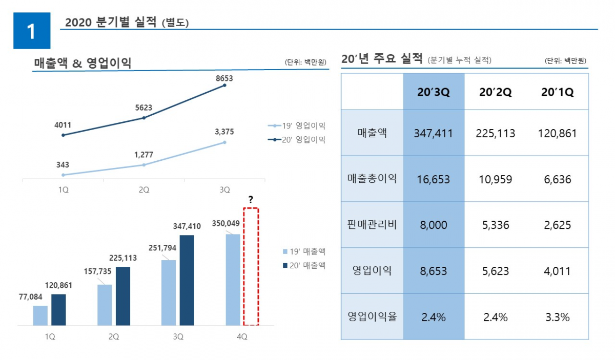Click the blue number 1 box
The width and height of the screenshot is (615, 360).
pos(32,31)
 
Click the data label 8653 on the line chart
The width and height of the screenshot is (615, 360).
pos(225,78)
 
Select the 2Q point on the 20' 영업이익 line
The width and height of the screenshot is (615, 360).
pos(144,118)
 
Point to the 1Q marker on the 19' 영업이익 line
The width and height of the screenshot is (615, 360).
pos(63,175)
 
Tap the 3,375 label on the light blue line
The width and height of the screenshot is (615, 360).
pos(224,132)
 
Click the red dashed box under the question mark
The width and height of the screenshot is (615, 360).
pos(251,266)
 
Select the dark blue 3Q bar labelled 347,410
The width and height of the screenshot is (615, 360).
pos(187,280)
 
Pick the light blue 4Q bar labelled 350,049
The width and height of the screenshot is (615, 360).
pos(233,280)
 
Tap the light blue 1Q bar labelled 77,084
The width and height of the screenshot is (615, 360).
pos(40,315)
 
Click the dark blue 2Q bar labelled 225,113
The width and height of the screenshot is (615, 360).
pos(123,296)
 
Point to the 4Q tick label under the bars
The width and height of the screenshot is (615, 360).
pos(241,337)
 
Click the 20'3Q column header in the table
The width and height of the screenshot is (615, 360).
pos(434,92)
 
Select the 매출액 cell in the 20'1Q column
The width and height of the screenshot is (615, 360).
pos(558,134)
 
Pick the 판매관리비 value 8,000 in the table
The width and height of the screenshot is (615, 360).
pos(434,225)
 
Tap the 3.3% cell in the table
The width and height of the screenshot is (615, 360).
pos(558,317)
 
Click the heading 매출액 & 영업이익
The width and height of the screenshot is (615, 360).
pos(83,63)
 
